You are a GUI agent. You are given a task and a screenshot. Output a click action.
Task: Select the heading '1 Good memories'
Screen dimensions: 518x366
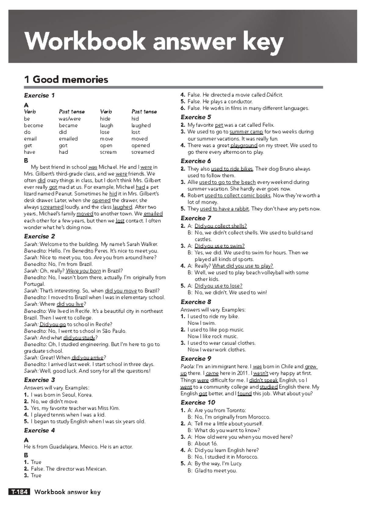click(x=66, y=80)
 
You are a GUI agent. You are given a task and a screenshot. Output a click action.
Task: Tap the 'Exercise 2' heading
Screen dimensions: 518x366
click(x=40, y=236)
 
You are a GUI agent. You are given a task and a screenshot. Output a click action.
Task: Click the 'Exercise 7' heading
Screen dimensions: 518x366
click(x=196, y=218)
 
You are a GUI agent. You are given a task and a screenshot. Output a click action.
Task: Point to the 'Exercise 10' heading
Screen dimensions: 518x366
click(x=198, y=403)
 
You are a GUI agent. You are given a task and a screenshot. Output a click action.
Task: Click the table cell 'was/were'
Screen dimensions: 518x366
click(x=70, y=119)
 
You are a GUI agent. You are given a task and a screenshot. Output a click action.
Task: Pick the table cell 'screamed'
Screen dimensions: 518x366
click(x=143, y=152)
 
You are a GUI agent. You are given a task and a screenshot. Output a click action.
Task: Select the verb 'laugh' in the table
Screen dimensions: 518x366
click(x=106, y=126)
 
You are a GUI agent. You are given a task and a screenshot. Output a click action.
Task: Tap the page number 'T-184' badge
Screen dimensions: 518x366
click(x=20, y=492)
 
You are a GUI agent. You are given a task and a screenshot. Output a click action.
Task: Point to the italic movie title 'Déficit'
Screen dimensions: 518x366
click(x=274, y=95)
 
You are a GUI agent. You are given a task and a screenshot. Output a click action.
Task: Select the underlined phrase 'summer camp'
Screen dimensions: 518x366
click(x=246, y=132)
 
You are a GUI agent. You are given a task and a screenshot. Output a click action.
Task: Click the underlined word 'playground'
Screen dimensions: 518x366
click(x=244, y=145)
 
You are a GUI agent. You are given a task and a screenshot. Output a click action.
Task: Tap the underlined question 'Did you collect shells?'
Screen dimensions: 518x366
click(x=221, y=226)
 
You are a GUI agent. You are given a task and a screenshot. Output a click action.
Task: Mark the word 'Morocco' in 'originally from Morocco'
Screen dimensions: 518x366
click(x=259, y=417)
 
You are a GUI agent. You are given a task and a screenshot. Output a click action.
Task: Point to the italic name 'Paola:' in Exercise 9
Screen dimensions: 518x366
click(x=188, y=367)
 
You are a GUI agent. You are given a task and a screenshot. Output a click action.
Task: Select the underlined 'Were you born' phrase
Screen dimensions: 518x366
click(x=83, y=271)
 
